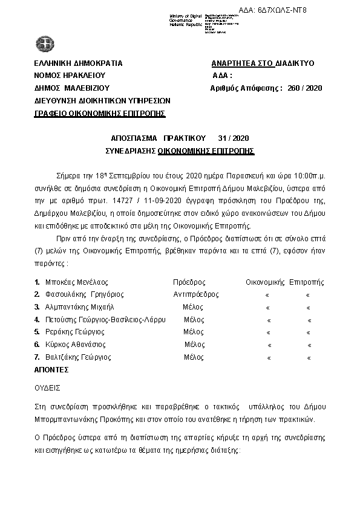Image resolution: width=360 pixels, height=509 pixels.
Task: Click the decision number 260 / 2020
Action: (306, 88)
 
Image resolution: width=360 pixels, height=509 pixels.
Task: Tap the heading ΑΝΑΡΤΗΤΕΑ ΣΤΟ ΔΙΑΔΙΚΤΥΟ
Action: (263, 63)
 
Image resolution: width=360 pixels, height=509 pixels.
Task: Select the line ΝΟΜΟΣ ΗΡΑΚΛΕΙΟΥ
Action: (70, 76)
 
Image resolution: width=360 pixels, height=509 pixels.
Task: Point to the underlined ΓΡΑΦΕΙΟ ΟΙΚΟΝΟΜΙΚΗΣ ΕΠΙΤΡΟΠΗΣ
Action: (100, 113)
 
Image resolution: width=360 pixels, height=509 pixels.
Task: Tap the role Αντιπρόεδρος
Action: (195, 294)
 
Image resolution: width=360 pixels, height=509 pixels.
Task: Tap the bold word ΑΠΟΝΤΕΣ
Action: (51, 368)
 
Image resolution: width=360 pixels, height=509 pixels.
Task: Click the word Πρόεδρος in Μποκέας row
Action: (189, 282)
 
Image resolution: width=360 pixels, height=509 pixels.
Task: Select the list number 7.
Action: (37, 357)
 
